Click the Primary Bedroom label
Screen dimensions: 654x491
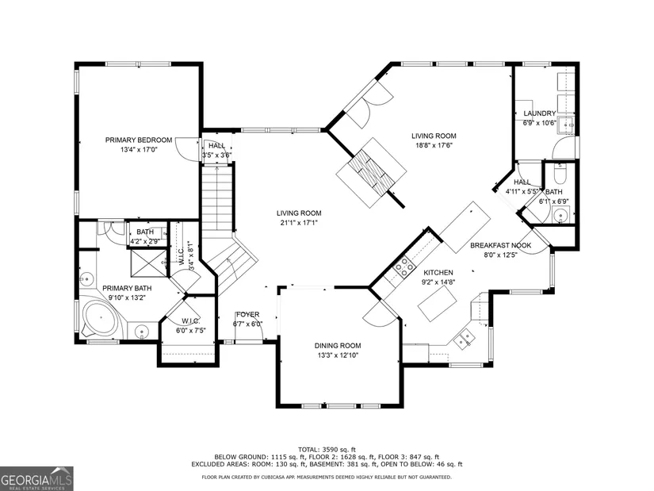139,140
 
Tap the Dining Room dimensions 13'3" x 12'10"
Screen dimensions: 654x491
338,355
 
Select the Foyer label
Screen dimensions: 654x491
248,314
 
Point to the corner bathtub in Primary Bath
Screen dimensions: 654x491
100,317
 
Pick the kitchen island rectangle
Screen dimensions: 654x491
438,303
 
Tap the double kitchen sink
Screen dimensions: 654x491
465,338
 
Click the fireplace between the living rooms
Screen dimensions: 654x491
371,172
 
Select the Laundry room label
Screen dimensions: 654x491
539,113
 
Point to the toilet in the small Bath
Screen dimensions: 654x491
560,174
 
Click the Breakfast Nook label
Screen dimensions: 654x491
500,245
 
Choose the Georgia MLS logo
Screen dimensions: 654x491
36,478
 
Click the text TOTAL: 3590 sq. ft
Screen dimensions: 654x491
327,450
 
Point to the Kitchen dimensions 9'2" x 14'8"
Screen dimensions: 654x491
438,282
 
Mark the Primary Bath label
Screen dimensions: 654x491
127,288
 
